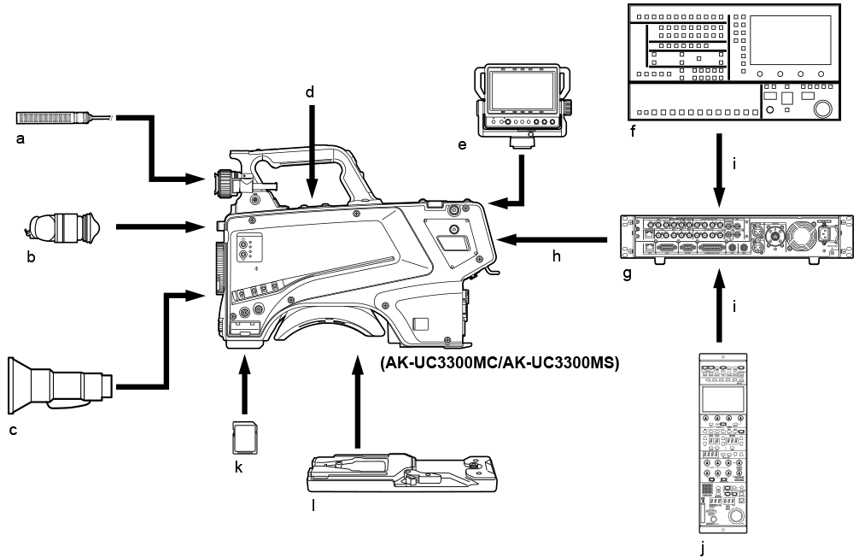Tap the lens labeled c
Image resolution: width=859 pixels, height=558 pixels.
click(60, 382)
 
